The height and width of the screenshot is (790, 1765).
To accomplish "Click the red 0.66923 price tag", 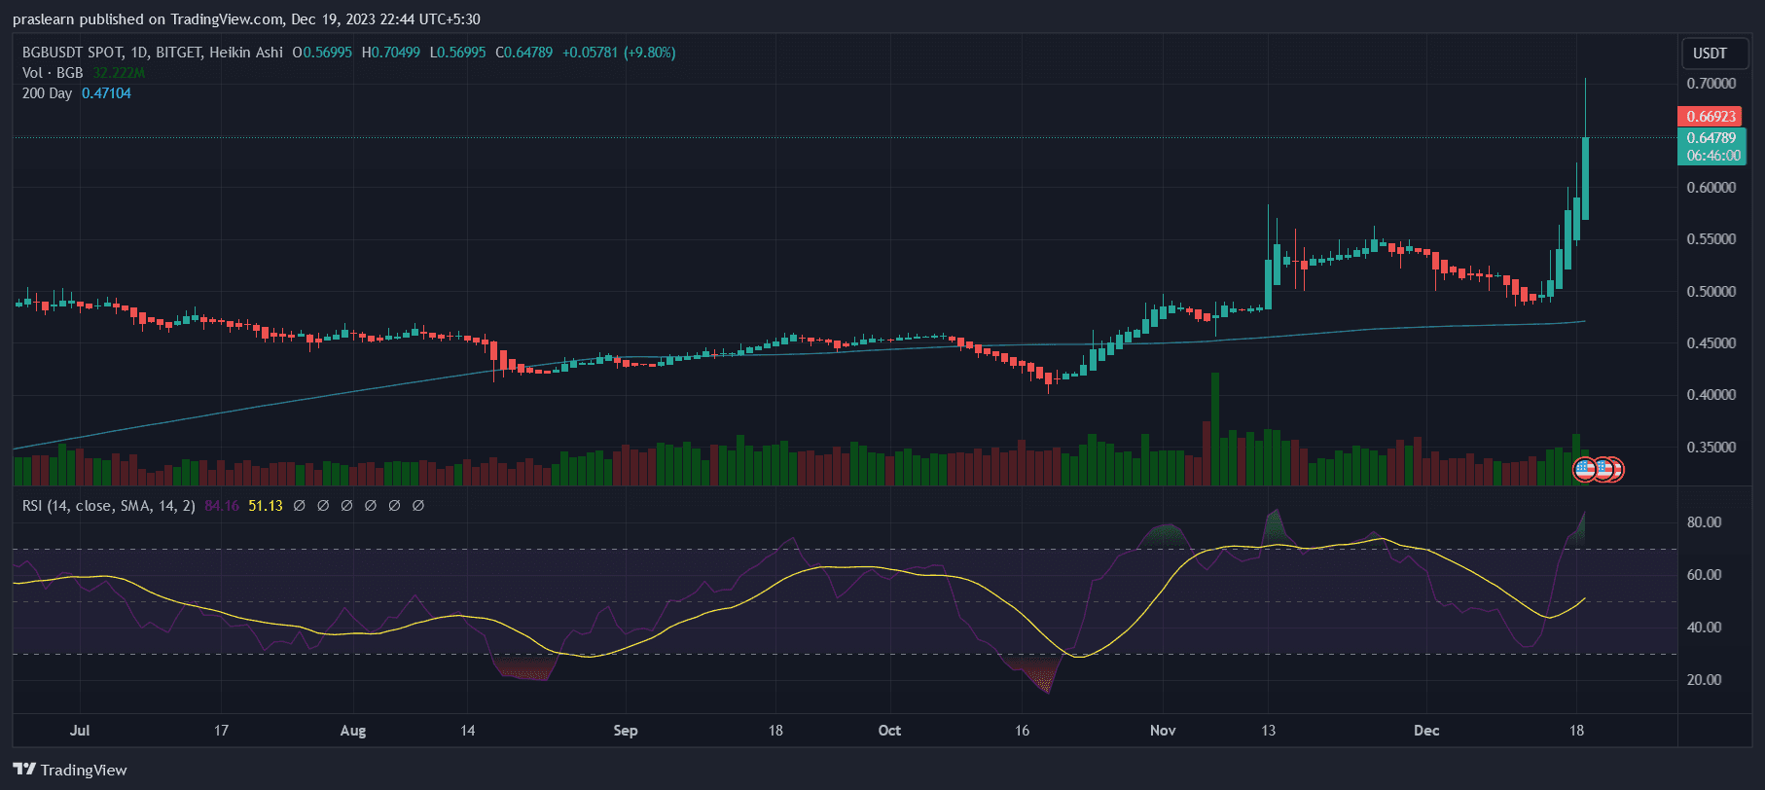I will [1711, 117].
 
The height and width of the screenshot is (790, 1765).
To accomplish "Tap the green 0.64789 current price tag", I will [1711, 138].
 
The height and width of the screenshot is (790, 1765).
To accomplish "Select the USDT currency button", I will [1710, 54].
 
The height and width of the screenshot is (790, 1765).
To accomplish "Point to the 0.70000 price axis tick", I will [1711, 84].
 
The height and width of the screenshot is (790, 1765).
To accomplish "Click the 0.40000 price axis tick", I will [1711, 395].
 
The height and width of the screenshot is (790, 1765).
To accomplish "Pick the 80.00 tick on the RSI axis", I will [1704, 522].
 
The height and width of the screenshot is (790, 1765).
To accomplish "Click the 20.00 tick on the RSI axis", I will [1704, 680].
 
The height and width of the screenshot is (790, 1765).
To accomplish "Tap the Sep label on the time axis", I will [626, 731].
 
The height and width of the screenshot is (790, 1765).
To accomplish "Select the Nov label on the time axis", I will [1163, 731].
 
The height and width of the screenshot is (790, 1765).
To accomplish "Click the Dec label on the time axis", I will [1426, 731].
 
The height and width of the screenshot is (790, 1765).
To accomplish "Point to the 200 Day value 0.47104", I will [106, 93].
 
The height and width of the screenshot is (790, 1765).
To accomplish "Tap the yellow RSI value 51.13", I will [266, 506].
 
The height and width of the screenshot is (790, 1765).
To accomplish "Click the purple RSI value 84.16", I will [222, 506].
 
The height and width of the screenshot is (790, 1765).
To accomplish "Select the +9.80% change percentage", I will [650, 53].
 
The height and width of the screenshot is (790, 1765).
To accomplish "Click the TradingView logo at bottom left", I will [70, 770].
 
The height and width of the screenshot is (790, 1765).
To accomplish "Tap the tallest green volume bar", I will [1215, 428].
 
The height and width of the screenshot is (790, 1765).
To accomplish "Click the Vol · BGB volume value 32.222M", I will [119, 73].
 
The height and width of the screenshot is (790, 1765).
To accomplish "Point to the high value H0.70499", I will [391, 53].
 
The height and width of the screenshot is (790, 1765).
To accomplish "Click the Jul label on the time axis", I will [80, 731].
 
